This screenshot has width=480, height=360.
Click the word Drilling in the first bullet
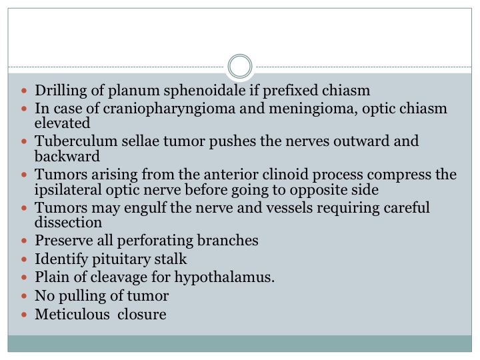tap(61, 91)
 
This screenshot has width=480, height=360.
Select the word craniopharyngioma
tap(169, 109)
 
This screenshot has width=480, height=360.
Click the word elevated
tap(62, 123)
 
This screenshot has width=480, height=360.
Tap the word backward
tap(67, 156)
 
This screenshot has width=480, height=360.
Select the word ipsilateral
tap(67, 190)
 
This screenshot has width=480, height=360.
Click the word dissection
tap(68, 222)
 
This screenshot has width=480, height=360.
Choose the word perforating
tap(155, 241)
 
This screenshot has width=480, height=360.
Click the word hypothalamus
tap(225, 277)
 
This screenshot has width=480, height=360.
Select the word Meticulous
tap(72, 315)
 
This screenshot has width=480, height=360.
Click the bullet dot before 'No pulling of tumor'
tap(24, 296)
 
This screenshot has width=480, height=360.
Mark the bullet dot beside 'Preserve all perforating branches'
tap(24, 241)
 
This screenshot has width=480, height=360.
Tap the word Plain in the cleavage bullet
tap(52, 277)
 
